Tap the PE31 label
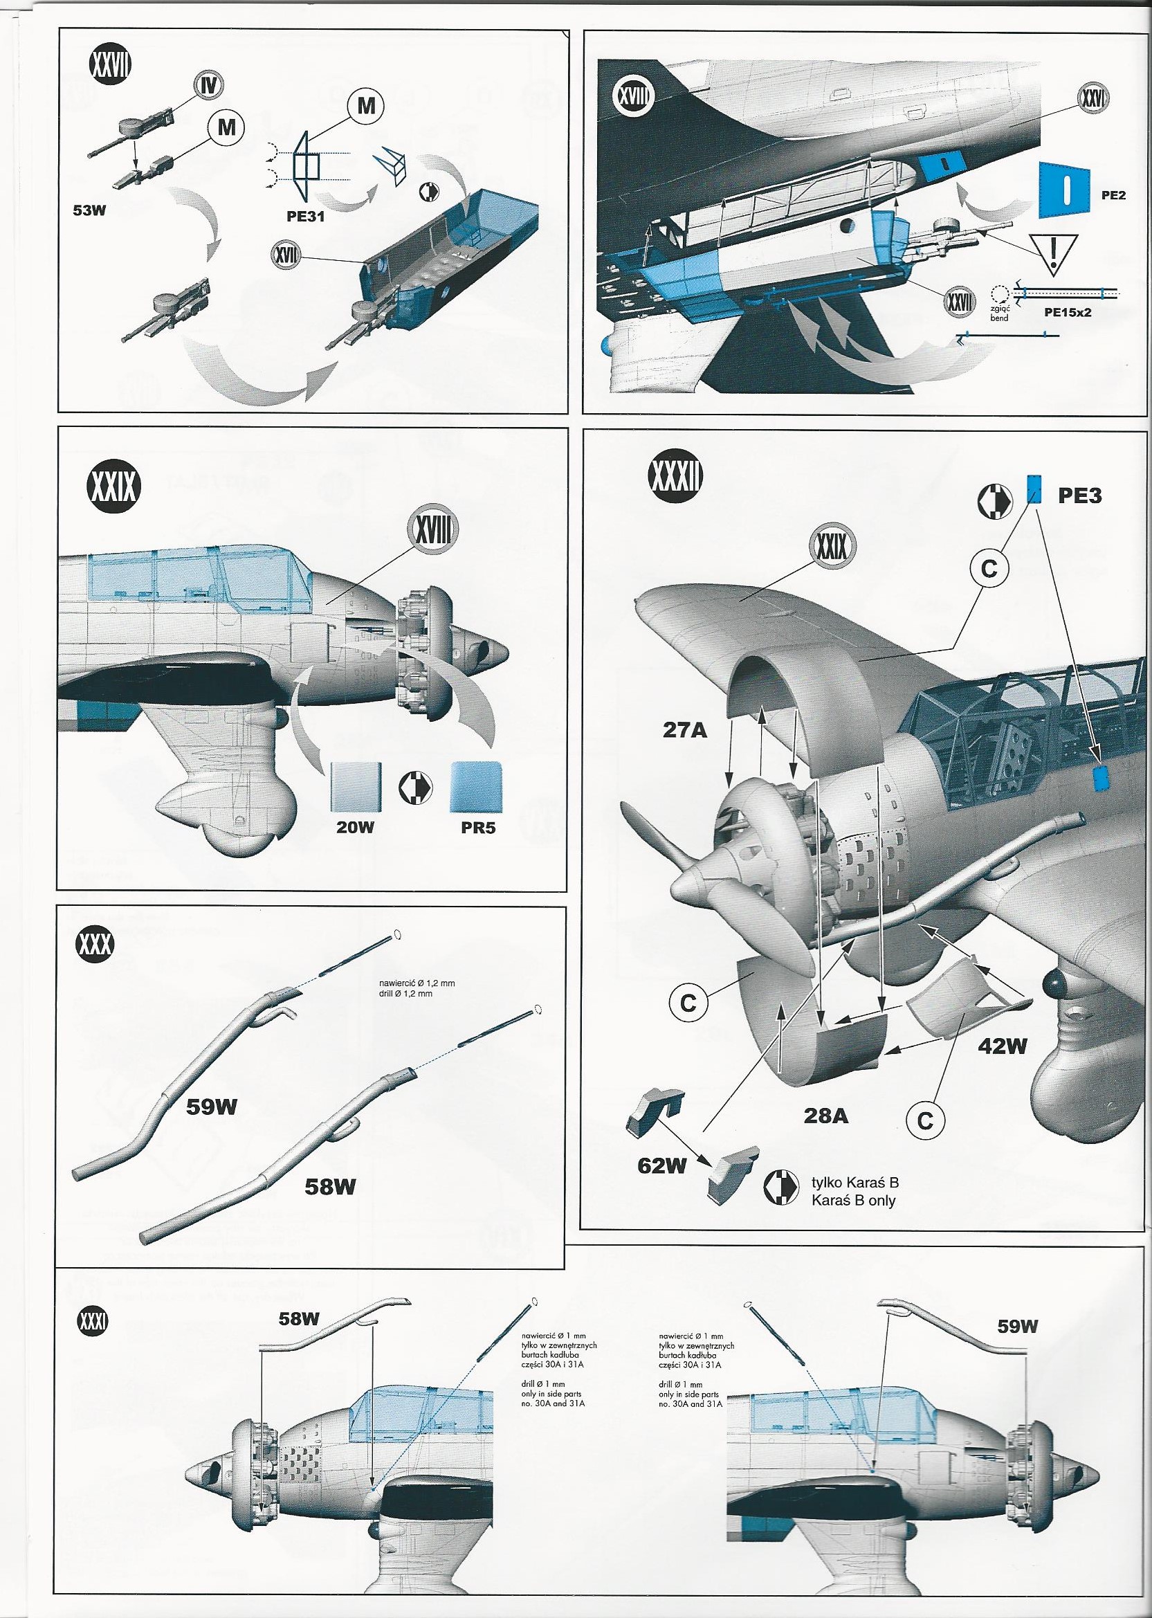point(306,217)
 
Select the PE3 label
point(1079,495)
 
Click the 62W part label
point(661,1166)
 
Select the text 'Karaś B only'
point(854,1201)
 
